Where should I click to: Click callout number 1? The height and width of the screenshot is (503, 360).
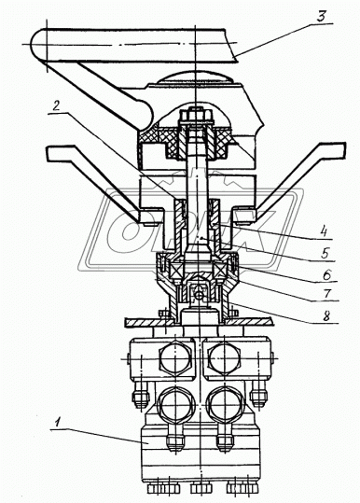pyautogui.click(x=58, y=423)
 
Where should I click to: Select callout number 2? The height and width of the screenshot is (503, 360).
pyautogui.click(x=56, y=106)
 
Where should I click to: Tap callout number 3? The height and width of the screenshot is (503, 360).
pyautogui.click(x=321, y=17)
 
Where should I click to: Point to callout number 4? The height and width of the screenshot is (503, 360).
pyautogui.click(x=325, y=231)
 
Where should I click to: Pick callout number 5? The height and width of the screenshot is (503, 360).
pyautogui.click(x=325, y=254)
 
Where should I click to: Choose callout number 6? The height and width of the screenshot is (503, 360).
pyautogui.click(x=326, y=274)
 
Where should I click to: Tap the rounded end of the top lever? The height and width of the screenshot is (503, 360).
pyautogui.click(x=38, y=44)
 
